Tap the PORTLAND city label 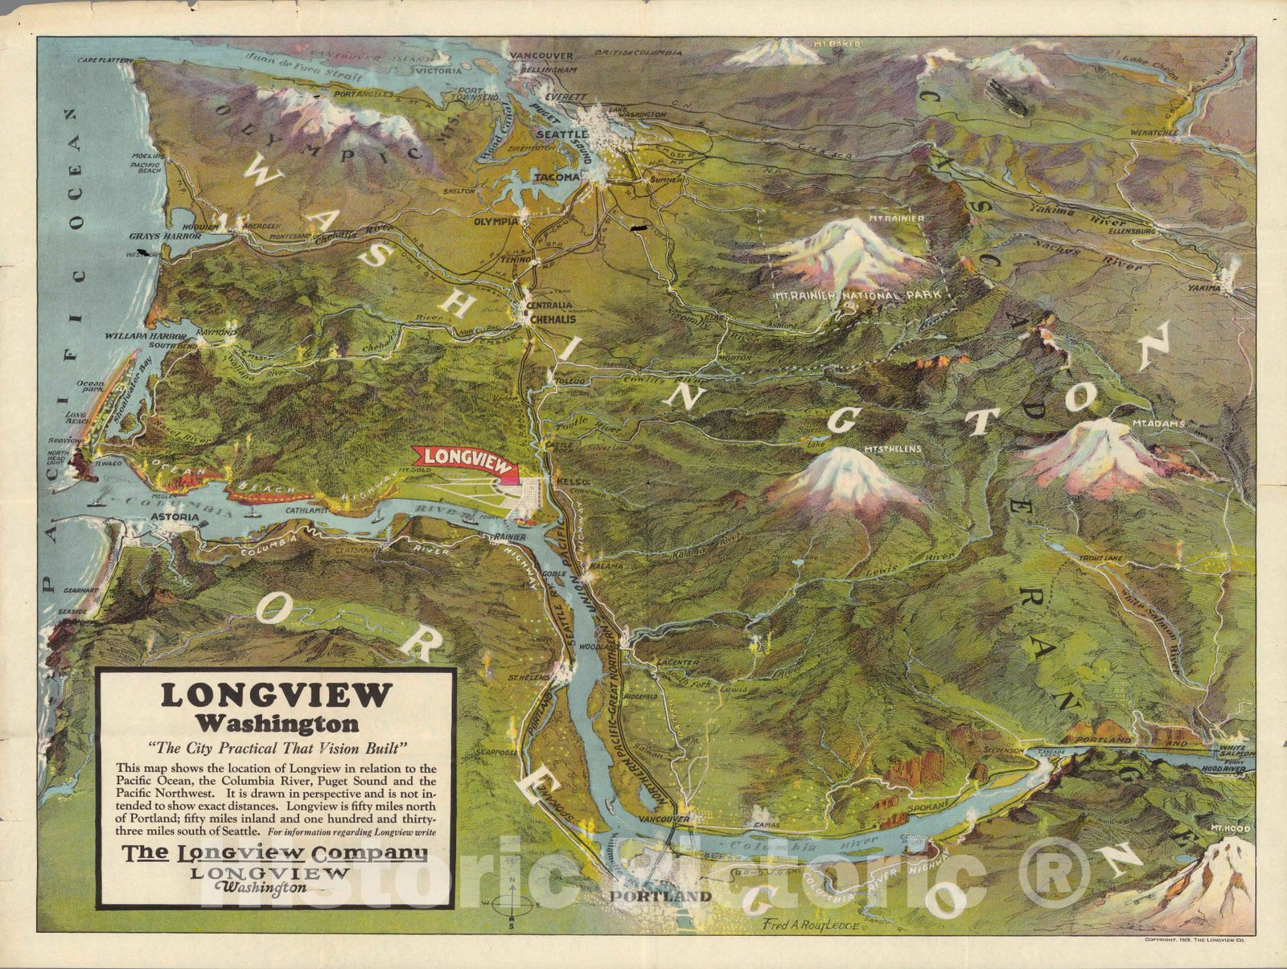(660, 897)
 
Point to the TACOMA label (560, 177)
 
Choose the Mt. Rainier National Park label (857, 296)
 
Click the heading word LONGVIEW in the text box (276, 695)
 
